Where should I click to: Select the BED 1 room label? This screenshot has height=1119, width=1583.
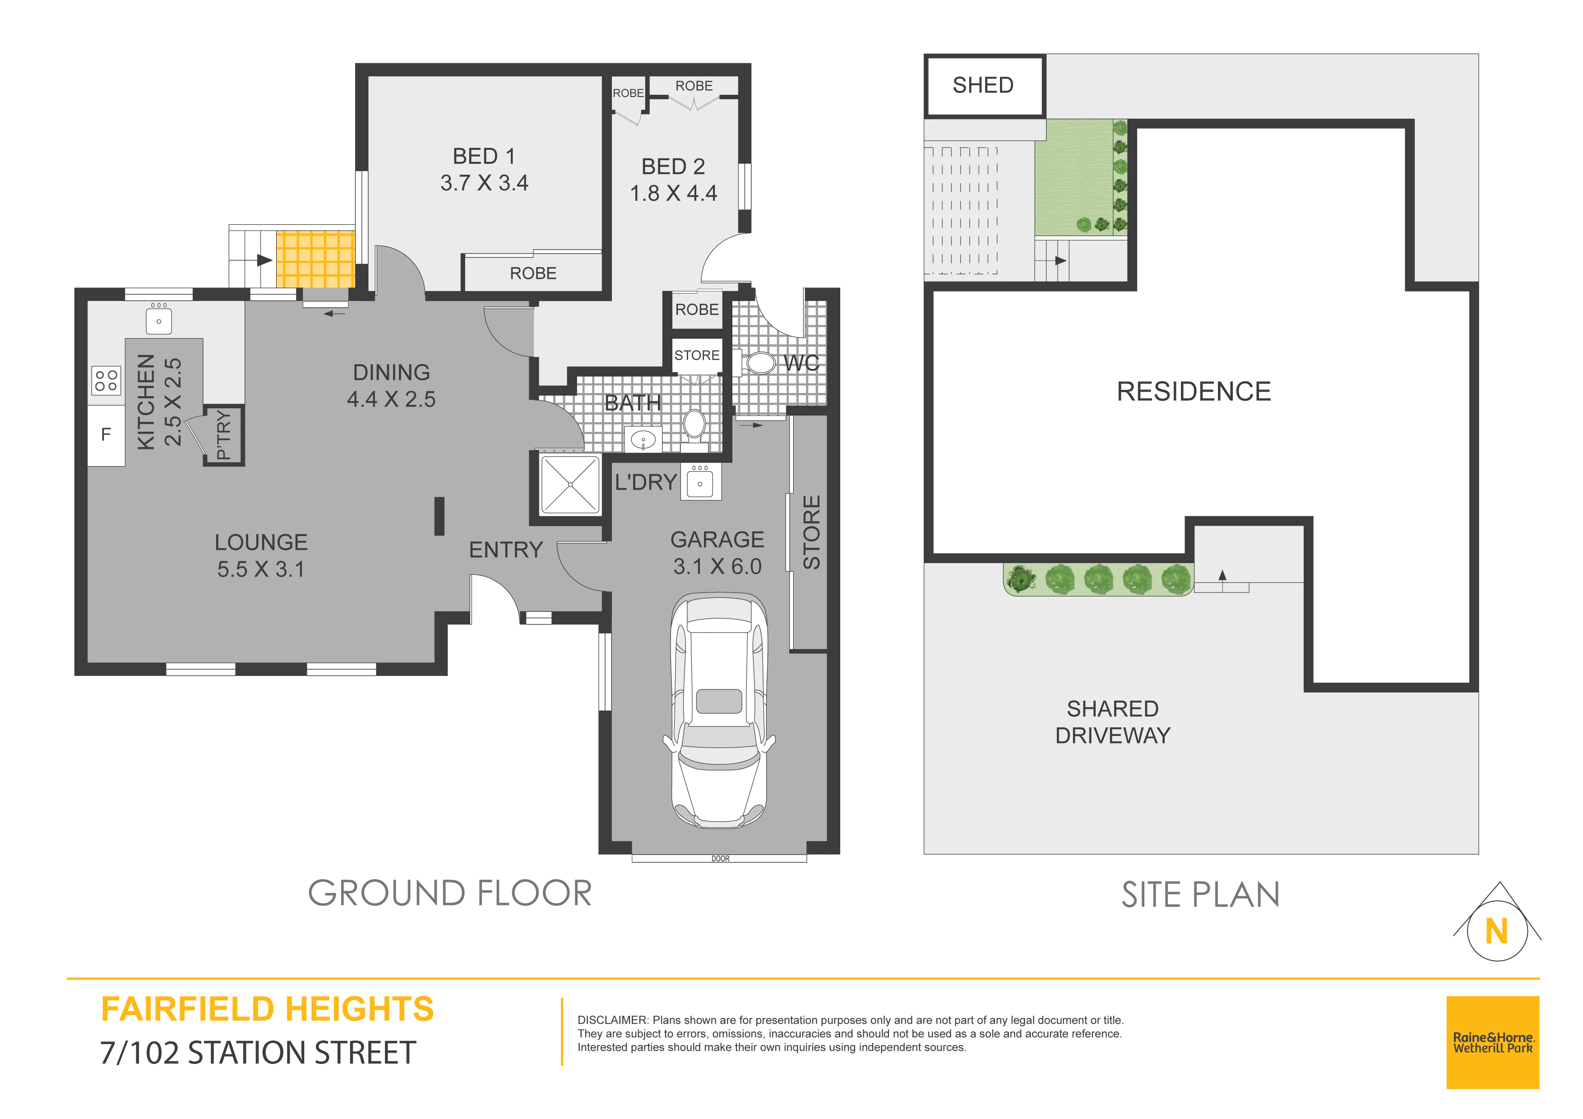(484, 157)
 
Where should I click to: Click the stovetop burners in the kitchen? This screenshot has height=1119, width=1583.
(106, 380)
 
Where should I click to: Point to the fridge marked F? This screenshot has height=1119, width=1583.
(106, 435)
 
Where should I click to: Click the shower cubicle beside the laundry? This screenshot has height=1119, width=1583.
(570, 484)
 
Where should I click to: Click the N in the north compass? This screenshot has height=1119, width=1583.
(1496, 931)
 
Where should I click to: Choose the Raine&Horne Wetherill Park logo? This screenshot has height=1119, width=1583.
(1493, 1042)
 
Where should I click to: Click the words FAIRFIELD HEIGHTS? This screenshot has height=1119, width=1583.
(268, 1009)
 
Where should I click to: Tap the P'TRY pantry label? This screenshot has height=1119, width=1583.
(223, 435)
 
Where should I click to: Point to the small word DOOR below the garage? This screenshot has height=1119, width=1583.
(721, 858)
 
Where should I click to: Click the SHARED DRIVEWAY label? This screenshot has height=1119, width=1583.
(1113, 722)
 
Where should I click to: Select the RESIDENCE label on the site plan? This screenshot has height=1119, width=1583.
(1194, 392)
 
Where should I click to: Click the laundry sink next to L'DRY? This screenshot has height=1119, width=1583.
(700, 481)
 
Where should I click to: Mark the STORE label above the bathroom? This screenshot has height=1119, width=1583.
(697, 355)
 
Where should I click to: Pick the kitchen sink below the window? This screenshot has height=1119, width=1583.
(158, 320)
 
